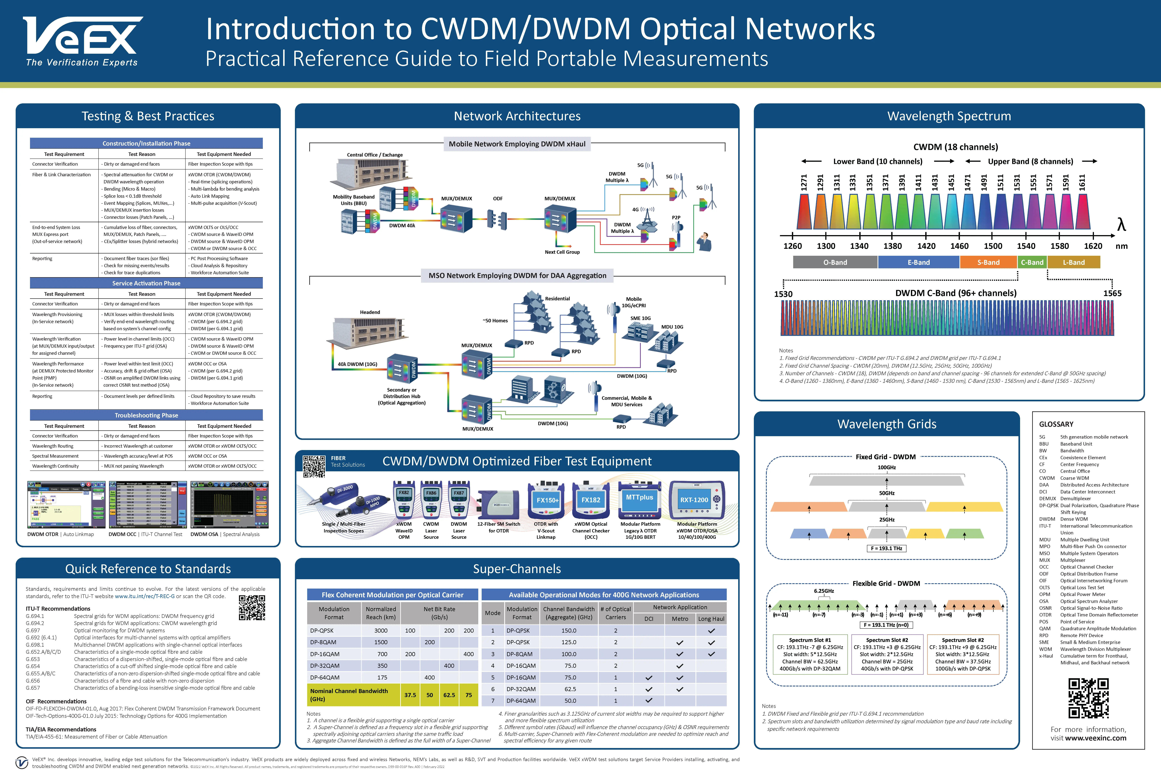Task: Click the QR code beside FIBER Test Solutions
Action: (314, 466)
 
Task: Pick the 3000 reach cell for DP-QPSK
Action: (381, 630)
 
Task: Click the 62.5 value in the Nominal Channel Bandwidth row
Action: (449, 695)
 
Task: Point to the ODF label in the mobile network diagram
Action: (498, 198)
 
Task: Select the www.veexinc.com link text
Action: (1095, 739)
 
